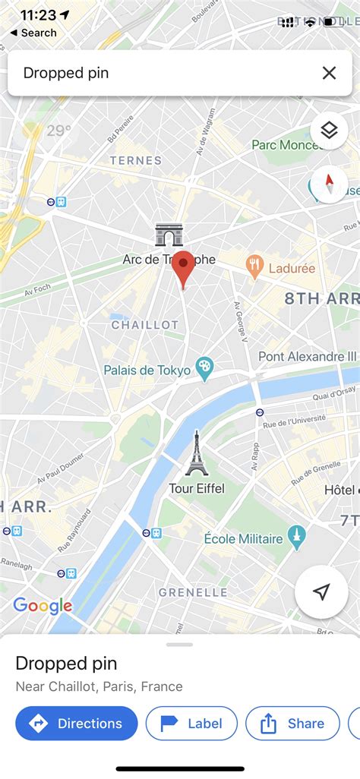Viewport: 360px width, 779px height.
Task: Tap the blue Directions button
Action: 77,724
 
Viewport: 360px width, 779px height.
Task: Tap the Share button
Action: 292,724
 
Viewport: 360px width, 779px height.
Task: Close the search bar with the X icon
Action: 329,73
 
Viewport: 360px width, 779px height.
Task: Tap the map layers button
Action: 329,131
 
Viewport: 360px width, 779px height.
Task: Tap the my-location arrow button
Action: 321,592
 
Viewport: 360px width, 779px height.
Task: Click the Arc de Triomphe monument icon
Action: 169,235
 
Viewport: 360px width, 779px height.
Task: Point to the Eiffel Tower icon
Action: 196,454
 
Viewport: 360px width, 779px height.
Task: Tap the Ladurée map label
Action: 292,268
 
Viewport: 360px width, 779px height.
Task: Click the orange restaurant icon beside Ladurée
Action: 254,266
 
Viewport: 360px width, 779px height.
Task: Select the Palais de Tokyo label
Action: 148,371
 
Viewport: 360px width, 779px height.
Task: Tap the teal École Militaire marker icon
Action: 298,538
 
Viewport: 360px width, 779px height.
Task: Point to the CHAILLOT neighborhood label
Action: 144,325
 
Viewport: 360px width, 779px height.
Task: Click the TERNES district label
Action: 136,160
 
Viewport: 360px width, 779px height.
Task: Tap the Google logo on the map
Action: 43,605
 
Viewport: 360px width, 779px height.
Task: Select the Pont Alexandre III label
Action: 308,356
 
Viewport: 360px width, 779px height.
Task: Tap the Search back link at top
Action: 33,33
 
